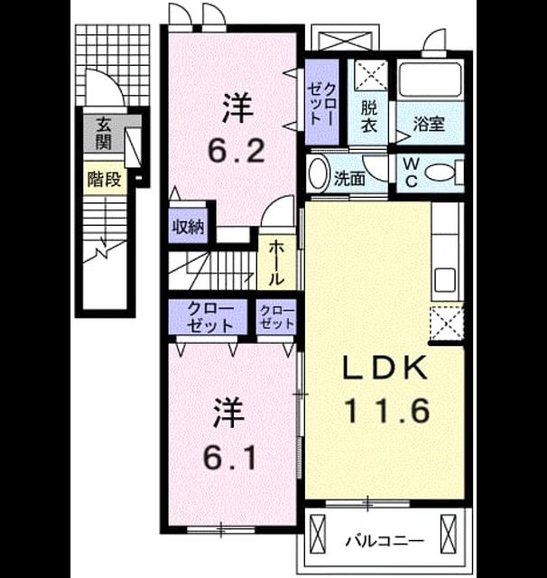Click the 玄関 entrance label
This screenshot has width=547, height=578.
click(104, 133)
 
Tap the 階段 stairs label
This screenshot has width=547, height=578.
click(104, 180)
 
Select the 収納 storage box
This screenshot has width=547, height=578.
click(189, 226)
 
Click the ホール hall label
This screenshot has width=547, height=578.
click(276, 263)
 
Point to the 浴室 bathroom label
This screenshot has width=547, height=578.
click(429, 124)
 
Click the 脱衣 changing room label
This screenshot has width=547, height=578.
click(368, 117)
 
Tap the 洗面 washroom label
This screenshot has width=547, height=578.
click(349, 179)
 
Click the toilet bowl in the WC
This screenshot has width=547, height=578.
click(440, 172)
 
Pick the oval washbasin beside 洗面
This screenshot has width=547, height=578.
click(319, 173)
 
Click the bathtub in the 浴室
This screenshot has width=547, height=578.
click(431, 80)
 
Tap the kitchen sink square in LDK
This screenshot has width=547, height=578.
click(445, 280)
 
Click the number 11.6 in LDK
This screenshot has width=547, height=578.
click(386, 410)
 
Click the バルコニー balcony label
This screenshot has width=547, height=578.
click(385, 541)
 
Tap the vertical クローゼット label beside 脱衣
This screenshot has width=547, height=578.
click(322, 103)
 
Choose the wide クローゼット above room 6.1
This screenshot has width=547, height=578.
click(210, 317)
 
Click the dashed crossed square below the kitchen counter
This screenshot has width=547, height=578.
click(447, 323)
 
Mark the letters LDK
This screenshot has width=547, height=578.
click(385, 367)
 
